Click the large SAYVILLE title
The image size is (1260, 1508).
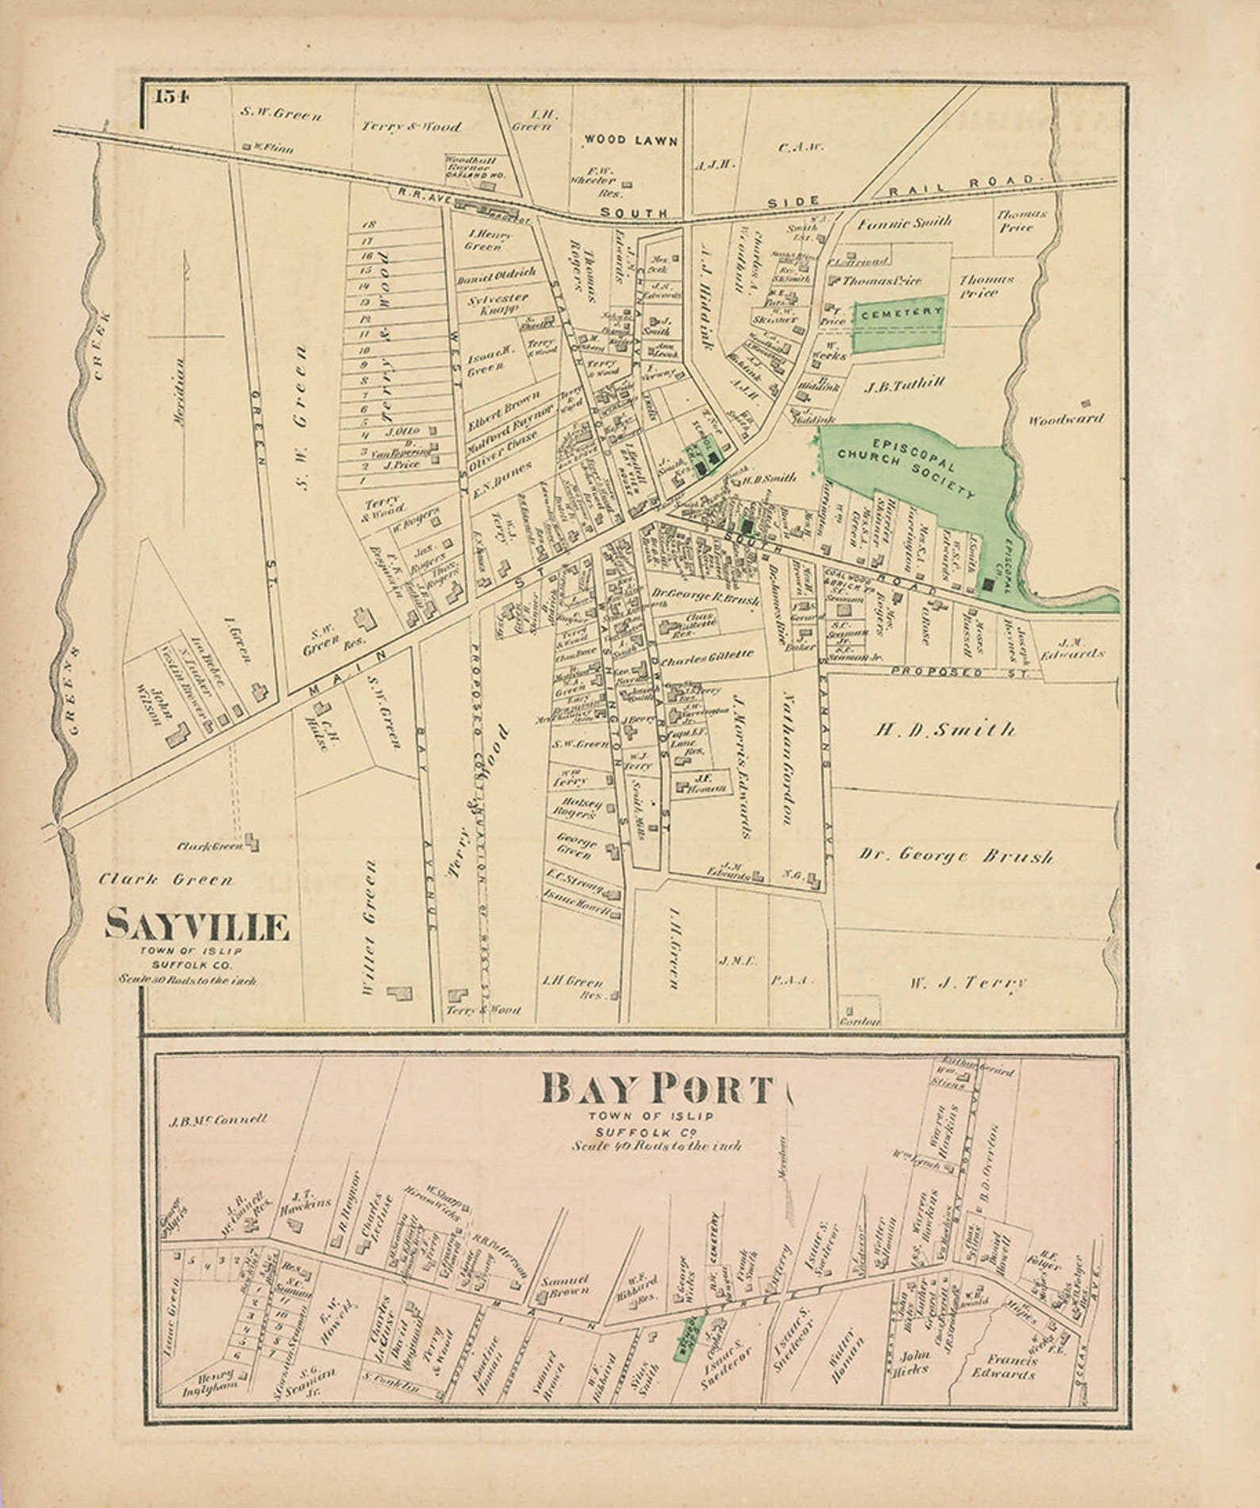tap(197, 925)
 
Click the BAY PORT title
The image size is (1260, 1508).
tap(657, 1089)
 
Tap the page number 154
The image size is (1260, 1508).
tap(171, 97)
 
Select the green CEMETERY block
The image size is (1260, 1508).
tap(899, 324)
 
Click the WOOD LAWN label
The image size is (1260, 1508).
tap(631, 140)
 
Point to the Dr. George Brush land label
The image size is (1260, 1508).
tap(955, 855)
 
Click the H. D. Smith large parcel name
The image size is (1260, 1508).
tap(944, 728)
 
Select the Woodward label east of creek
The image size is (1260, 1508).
tap(1066, 419)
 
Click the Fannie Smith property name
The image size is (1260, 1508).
tap(904, 222)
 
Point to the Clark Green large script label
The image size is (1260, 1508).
tap(166, 879)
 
